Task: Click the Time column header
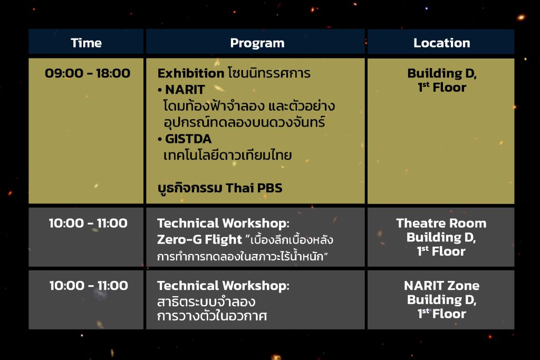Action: click(x=86, y=43)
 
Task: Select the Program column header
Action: click(x=257, y=43)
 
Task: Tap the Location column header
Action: click(x=441, y=43)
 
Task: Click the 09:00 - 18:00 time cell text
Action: click(x=88, y=73)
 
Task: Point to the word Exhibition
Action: click(x=191, y=73)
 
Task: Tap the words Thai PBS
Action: click(x=254, y=188)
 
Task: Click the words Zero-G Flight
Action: click(x=199, y=239)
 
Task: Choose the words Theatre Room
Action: click(x=441, y=223)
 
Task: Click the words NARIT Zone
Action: click(x=441, y=285)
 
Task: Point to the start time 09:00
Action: click(x=64, y=73)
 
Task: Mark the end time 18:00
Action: click(x=113, y=73)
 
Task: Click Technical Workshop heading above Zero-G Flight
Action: click(x=223, y=223)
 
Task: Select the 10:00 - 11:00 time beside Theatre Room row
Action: click(x=88, y=223)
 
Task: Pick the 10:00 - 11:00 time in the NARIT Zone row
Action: click(x=89, y=285)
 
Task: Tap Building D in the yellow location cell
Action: click(x=442, y=73)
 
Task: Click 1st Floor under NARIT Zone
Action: click(x=441, y=314)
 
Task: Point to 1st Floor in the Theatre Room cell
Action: click(x=441, y=251)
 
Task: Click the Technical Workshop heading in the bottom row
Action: click(x=223, y=285)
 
